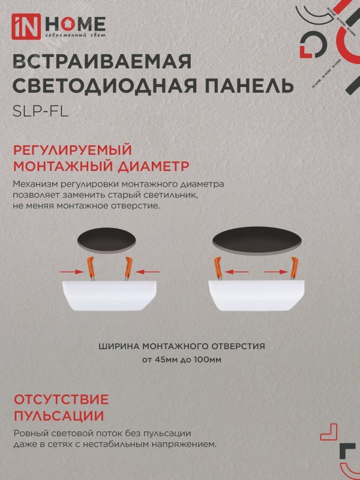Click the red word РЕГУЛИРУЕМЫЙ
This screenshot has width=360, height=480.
[x=71, y=150]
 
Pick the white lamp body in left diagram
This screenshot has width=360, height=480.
[x=109, y=295]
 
